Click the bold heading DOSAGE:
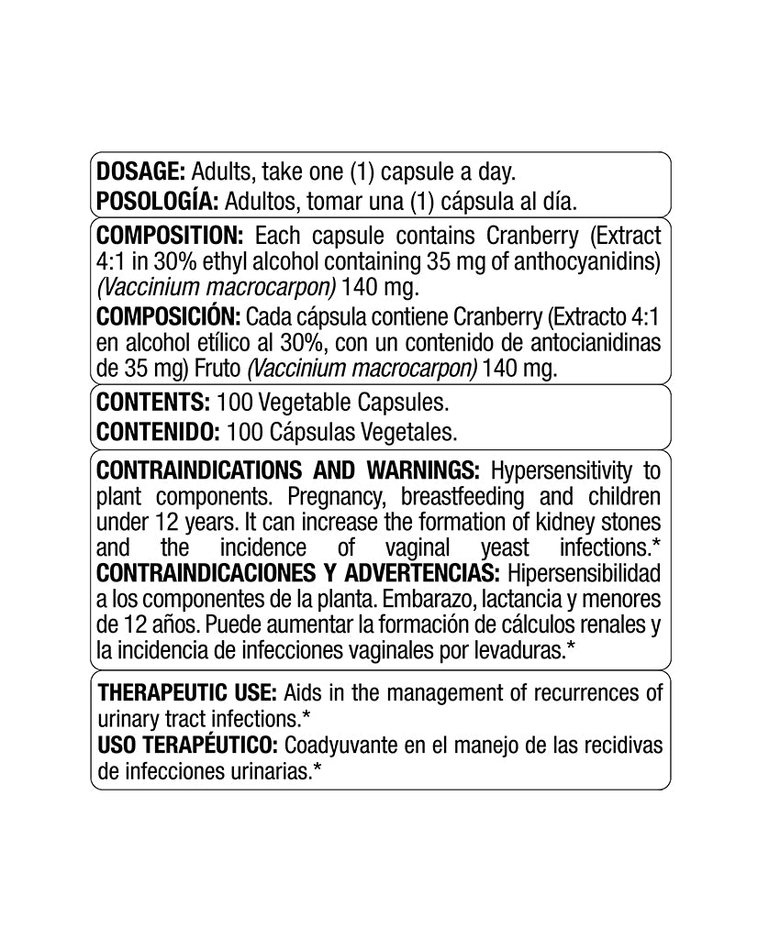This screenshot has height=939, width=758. pyautogui.click(x=141, y=171)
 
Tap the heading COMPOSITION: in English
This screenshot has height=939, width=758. pyautogui.click(x=169, y=235)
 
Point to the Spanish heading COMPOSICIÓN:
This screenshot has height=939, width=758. pyautogui.click(x=166, y=316)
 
